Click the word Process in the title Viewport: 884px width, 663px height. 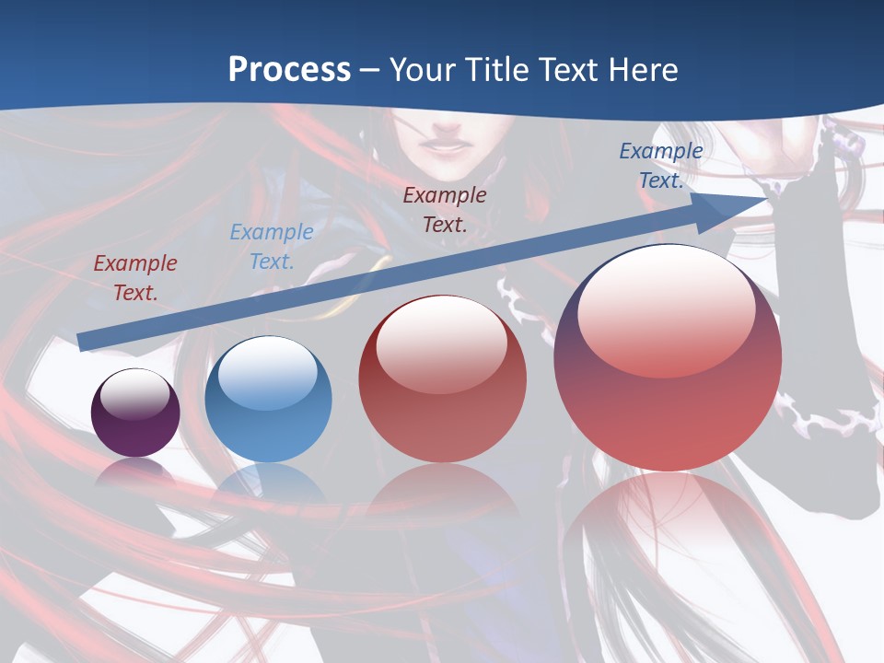289,70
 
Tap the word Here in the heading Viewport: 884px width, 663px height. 641,70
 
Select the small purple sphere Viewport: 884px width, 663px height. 135,413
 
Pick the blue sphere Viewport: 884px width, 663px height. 268,400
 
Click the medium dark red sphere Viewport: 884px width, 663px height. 442,378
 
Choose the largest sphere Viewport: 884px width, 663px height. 668,358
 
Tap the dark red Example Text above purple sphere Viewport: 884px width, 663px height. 135,277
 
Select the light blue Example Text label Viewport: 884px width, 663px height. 271,247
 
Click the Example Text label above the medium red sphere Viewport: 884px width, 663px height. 445,209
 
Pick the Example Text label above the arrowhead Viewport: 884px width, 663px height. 660,166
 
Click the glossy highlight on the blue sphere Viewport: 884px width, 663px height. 268,368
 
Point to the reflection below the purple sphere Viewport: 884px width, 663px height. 135,471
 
